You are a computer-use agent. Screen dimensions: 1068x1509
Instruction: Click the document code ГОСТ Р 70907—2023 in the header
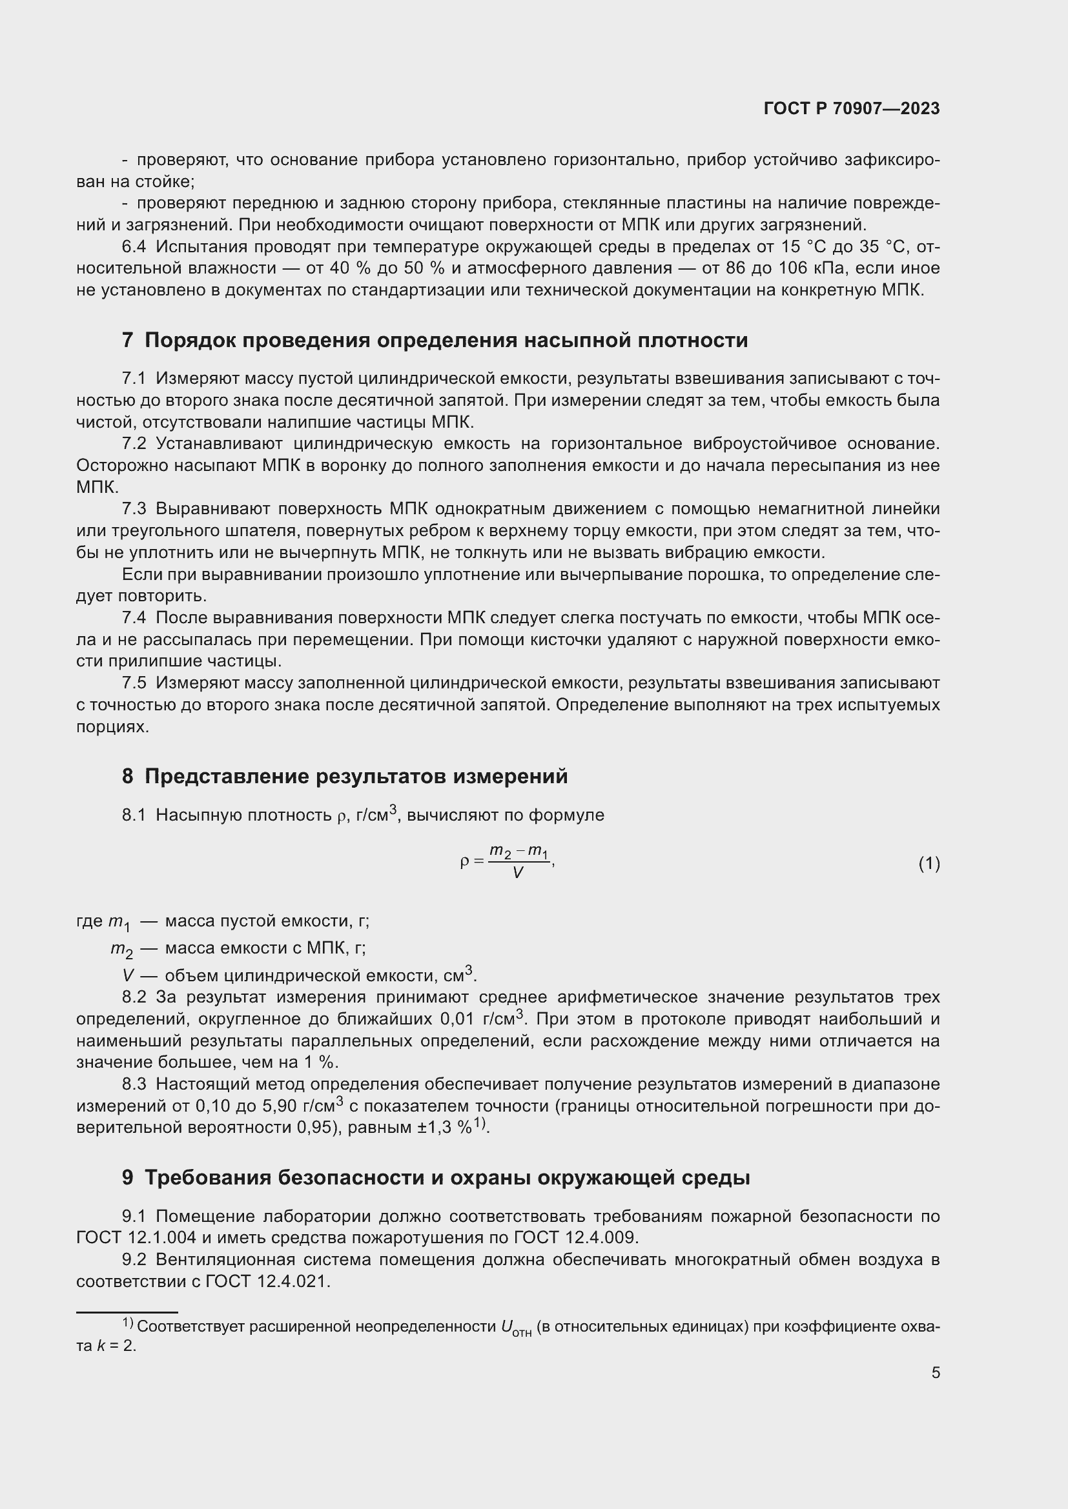852,109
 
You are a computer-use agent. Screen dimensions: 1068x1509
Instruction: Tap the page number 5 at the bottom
935,1372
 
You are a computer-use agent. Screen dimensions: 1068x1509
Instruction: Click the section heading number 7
127,341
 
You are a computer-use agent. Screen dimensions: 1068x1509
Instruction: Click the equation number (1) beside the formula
929,864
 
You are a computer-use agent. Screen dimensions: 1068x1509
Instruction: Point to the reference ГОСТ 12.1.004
136,1237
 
